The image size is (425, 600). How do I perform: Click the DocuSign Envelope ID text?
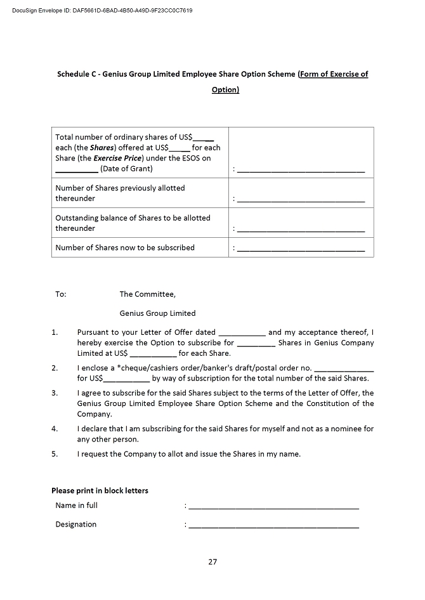pyautogui.click(x=102, y=11)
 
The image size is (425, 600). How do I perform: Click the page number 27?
pyautogui.click(x=213, y=561)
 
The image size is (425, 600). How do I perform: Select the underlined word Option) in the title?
pyautogui.click(x=225, y=90)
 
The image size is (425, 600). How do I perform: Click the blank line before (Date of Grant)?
pyautogui.click(x=76, y=169)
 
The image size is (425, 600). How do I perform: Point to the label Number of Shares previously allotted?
pyautogui.click(x=120, y=188)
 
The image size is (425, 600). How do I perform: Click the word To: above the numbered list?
pyautogui.click(x=61, y=294)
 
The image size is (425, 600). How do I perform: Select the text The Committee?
pyautogui.click(x=147, y=294)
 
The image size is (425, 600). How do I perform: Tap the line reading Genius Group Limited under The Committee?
pyautogui.click(x=157, y=313)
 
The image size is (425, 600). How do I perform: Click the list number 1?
pyautogui.click(x=55, y=332)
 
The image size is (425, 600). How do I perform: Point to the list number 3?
pyautogui.click(x=55, y=393)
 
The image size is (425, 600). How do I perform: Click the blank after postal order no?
pyautogui.click(x=344, y=369)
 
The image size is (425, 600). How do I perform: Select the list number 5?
pyautogui.click(x=55, y=454)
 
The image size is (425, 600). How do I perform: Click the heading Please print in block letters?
pyautogui.click(x=100, y=491)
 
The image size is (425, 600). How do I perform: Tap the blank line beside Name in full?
pyautogui.click(x=273, y=507)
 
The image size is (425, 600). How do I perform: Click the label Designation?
pyautogui.click(x=76, y=525)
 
